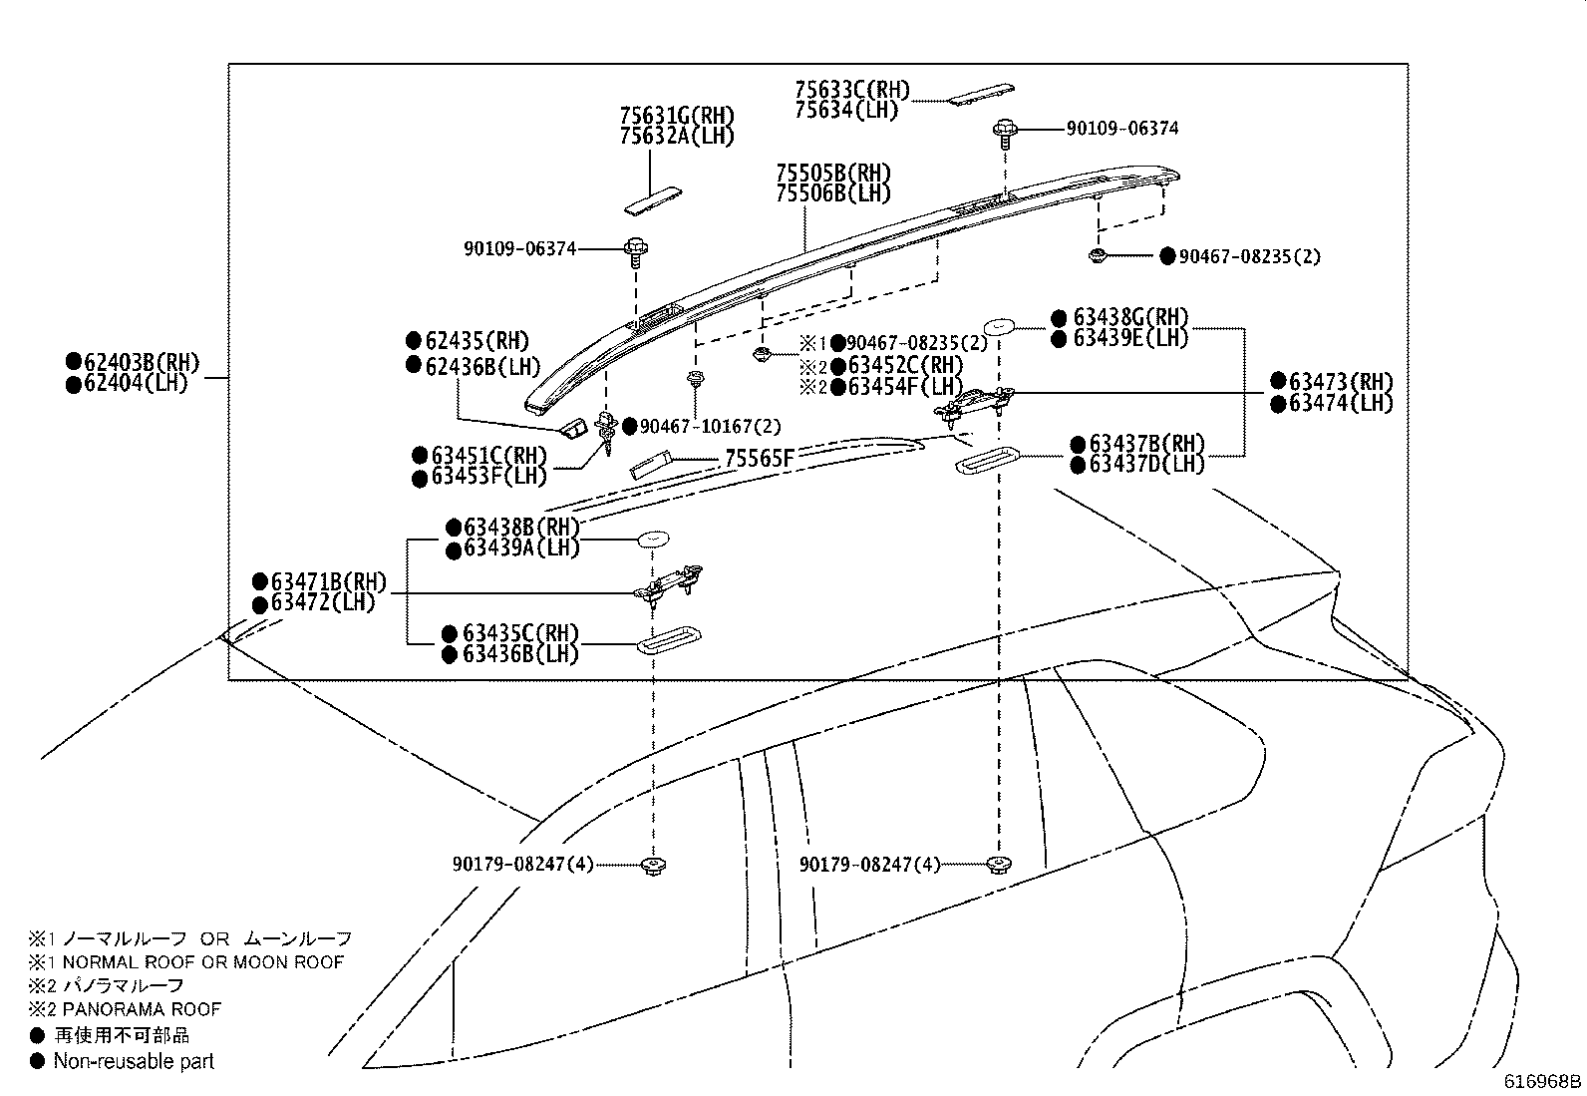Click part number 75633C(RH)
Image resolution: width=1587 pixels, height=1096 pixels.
click(x=852, y=90)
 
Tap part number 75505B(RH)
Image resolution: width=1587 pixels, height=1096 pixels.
click(x=833, y=174)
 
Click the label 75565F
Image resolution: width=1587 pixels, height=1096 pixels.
click(x=760, y=458)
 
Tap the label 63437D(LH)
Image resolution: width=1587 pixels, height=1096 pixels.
click(x=1146, y=465)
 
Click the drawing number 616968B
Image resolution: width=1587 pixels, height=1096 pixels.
click(x=1542, y=1081)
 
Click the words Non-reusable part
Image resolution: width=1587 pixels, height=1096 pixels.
click(x=134, y=1061)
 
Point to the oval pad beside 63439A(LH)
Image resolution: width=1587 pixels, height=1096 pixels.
click(x=653, y=539)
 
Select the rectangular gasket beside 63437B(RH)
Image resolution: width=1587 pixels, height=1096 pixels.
click(x=986, y=461)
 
